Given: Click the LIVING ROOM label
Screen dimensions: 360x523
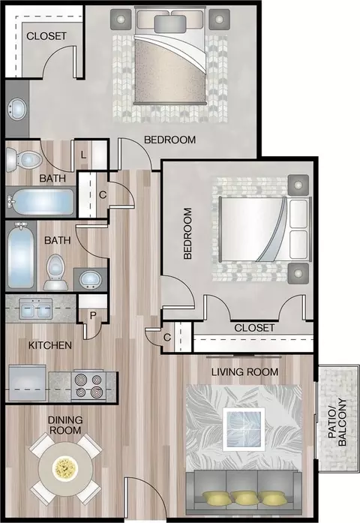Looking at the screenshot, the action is tap(244, 371).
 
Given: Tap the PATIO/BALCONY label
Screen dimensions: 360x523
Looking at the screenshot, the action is tap(337, 422).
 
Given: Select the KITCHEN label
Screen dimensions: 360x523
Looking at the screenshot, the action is tap(50, 345).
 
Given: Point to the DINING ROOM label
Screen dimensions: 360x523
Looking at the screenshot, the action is tap(65, 425).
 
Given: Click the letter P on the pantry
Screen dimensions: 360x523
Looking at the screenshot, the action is tap(93, 315).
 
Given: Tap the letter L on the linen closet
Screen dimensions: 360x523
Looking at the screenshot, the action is tap(83, 155).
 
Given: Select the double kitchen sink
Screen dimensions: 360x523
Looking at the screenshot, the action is tap(35, 309).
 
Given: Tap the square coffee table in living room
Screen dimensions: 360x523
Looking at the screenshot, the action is tap(244, 429).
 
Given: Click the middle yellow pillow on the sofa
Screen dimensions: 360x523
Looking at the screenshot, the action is tap(244, 498).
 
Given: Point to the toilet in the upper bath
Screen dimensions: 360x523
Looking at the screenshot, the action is tap(24, 160).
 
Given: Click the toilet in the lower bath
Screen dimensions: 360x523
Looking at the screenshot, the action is tap(55, 272).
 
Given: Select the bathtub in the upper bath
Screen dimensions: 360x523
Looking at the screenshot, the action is tap(40, 202).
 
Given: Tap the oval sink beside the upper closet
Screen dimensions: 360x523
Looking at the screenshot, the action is tap(16, 109).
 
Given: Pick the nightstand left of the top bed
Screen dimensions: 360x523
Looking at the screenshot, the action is tap(121, 19).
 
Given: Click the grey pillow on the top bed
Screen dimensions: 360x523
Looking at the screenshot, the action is tap(170, 24).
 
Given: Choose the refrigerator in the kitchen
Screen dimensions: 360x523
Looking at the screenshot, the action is tap(27, 383).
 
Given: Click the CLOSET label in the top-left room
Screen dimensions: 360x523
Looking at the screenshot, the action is tap(46, 36).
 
